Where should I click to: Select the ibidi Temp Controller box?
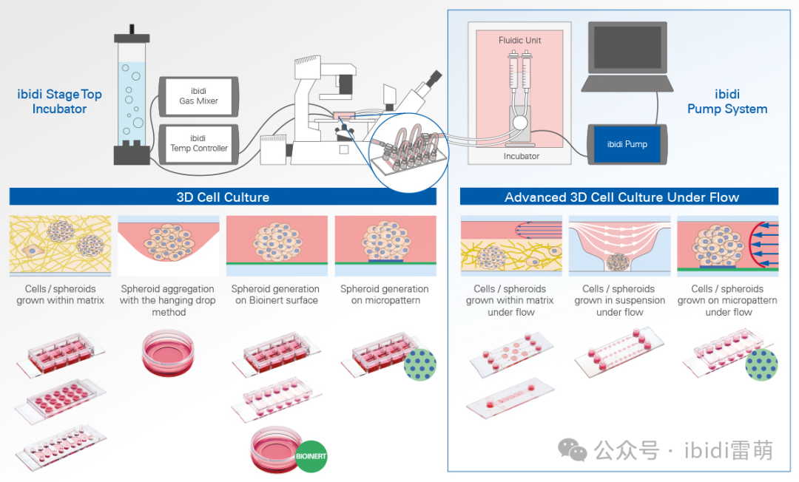tap(198, 143)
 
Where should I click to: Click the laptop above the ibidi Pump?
tap(627, 57)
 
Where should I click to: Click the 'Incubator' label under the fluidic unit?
tap(521, 156)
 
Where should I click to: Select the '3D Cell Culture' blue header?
tap(223, 197)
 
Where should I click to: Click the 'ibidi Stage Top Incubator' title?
tap(59, 101)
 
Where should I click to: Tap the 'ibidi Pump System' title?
tap(726, 101)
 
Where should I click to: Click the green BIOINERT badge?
tap(311, 456)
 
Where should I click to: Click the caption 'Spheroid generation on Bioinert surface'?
tap(275, 294)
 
